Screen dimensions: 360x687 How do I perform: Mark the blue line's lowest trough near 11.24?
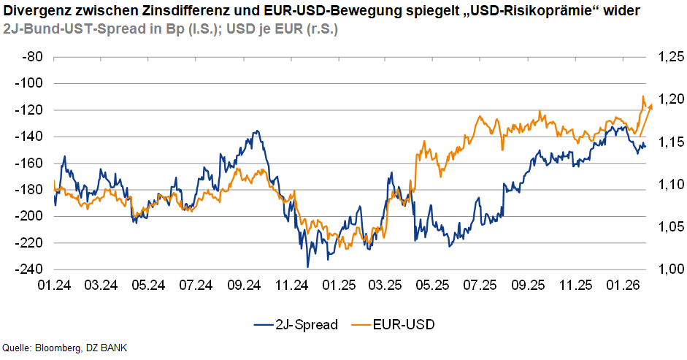pyautogui.click(x=308, y=267)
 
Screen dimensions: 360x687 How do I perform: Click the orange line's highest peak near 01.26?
pyautogui.click(x=643, y=96)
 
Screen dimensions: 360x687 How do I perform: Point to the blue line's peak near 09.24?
pyautogui.click(x=256, y=131)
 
